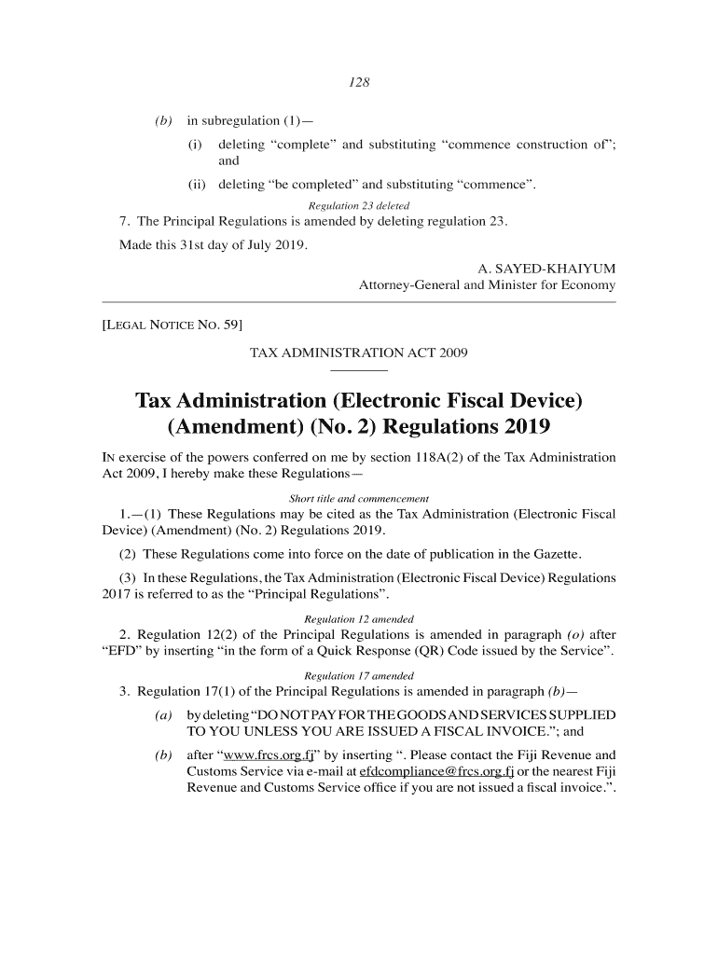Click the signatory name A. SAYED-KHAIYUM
[546, 269]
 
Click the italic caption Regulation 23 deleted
[359, 205]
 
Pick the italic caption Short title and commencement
[359, 498]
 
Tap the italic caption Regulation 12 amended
[359, 619]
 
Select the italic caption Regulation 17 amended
[359, 675]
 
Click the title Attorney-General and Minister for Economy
[487, 284]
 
